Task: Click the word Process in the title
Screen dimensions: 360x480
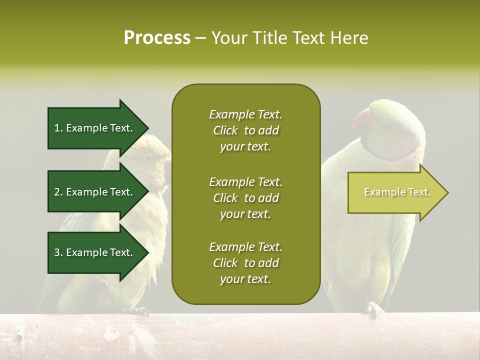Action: pyautogui.click(x=157, y=38)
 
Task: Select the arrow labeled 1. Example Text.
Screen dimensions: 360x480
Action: pyautogui.click(x=95, y=128)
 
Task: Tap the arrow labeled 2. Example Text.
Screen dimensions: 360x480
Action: pyautogui.click(x=95, y=192)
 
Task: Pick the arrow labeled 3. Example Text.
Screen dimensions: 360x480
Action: pyautogui.click(x=95, y=252)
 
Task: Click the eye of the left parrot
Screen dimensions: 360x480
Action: pyautogui.click(x=148, y=159)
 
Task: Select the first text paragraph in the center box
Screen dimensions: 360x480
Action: pyautogui.click(x=245, y=130)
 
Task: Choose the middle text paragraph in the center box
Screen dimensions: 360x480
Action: pyautogui.click(x=245, y=198)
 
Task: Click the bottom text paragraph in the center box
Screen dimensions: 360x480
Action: pyautogui.click(x=245, y=263)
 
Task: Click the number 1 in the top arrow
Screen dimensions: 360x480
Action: pyautogui.click(x=57, y=128)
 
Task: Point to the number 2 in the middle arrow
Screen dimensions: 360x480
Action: pyautogui.click(x=57, y=192)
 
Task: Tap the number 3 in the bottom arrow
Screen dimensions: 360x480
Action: pyautogui.click(x=57, y=252)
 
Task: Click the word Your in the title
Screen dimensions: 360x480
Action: pyautogui.click(x=229, y=38)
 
